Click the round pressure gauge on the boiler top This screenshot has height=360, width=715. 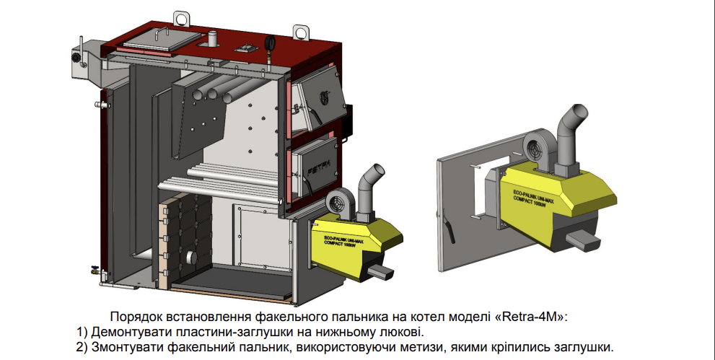click(270, 43)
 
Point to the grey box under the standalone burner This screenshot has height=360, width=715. click(583, 240)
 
